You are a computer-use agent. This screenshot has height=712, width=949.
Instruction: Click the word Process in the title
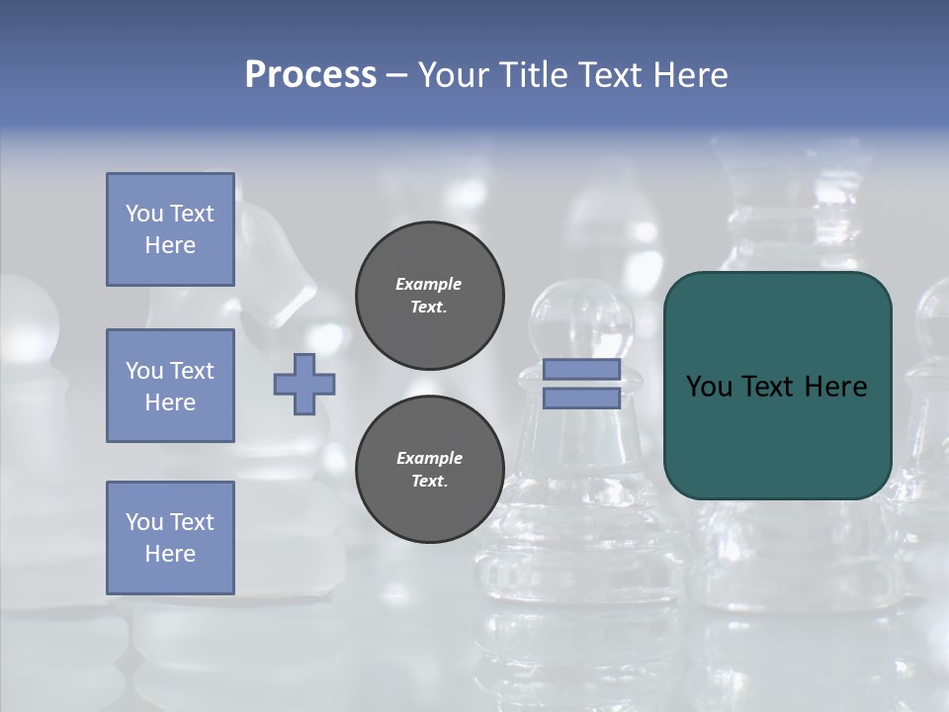point(310,75)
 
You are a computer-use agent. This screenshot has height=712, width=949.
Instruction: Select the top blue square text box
point(170,229)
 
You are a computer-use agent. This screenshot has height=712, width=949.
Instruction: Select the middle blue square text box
point(170,386)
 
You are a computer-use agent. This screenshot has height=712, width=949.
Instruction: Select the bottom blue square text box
point(170,538)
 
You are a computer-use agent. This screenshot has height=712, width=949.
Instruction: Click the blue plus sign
point(304,384)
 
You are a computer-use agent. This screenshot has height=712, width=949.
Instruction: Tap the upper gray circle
point(429,296)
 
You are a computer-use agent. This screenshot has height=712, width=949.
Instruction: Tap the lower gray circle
point(429,470)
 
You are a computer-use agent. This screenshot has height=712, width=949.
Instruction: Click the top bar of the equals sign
point(581,370)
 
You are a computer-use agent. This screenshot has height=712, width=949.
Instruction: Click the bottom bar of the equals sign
point(581,398)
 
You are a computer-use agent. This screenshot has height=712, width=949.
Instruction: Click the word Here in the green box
point(834,387)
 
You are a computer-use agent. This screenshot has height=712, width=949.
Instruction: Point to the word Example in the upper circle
point(429,284)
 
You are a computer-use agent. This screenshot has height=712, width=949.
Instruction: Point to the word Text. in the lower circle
point(429,482)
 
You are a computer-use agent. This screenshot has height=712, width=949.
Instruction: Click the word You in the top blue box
point(143,214)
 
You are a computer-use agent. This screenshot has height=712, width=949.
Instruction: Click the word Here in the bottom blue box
point(170,554)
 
